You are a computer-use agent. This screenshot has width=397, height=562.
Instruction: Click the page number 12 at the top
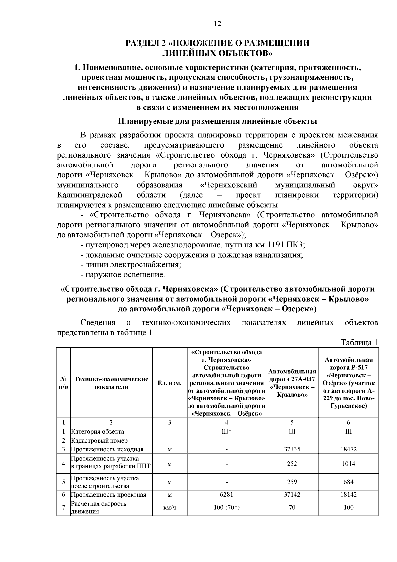(217, 23)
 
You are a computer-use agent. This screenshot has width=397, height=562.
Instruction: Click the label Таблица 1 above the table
(359, 342)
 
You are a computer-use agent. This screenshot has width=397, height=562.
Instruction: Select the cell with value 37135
(292, 449)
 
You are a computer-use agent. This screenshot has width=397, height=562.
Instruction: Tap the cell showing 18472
(348, 449)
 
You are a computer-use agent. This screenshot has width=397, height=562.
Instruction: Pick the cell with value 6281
(226, 494)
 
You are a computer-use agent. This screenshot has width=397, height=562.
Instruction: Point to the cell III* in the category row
(226, 431)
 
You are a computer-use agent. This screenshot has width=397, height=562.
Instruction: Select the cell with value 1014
(348, 464)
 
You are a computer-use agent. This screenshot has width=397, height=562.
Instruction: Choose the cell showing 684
(348, 482)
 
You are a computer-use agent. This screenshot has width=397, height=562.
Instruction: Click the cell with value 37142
(292, 494)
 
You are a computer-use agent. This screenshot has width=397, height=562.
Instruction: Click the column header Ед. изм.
(169, 383)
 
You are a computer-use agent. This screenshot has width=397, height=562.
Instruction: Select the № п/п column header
(63, 383)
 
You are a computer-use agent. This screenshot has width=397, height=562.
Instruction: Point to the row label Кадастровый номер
(99, 440)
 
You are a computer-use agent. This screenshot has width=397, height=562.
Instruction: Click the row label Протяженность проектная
(109, 494)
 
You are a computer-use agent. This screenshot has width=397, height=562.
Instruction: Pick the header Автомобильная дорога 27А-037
(292, 383)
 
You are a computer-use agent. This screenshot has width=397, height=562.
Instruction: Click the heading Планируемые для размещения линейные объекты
(217, 121)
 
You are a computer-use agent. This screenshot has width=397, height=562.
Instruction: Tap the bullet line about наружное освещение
(123, 275)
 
